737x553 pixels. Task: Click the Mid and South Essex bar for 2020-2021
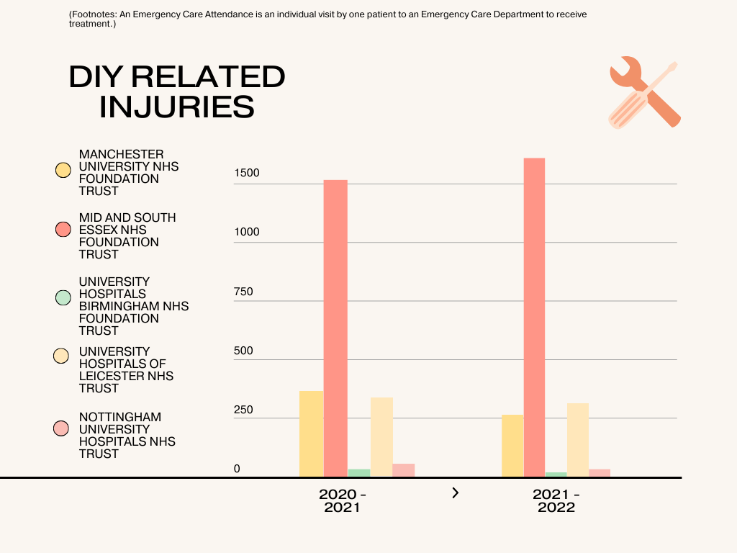click(335, 328)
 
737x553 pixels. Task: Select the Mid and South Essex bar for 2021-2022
click(534, 317)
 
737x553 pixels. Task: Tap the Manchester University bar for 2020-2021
click(312, 433)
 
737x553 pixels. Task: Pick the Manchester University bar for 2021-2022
click(512, 445)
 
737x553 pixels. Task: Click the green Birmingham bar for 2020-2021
click(359, 472)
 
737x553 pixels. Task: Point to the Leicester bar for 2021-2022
click(577, 439)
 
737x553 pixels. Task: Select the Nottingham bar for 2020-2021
click(403, 469)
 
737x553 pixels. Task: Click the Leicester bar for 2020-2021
click(381, 436)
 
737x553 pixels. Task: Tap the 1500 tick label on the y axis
click(246, 174)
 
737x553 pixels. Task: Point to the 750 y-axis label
click(243, 292)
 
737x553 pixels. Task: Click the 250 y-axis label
click(243, 410)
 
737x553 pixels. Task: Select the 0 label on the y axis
click(237, 469)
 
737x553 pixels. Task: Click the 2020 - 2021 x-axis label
click(342, 500)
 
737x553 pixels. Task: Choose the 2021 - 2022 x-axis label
click(556, 500)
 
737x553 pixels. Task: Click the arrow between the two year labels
click(455, 493)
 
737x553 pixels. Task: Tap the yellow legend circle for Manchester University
click(63, 171)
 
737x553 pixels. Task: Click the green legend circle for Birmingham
click(63, 297)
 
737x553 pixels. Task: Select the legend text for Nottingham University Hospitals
click(127, 435)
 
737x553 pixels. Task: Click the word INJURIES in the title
click(177, 107)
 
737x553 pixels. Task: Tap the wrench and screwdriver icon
click(644, 92)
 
